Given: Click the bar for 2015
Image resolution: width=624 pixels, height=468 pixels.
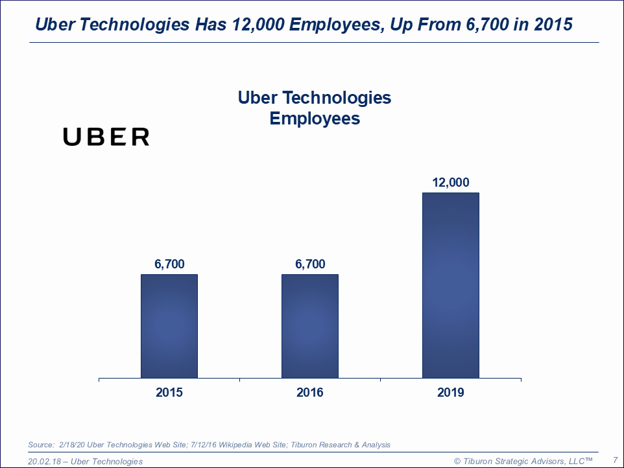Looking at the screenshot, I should (169, 326).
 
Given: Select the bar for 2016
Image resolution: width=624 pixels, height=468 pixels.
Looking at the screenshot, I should (309, 326).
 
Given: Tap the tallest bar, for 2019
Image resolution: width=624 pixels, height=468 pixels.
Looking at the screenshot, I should (450, 285).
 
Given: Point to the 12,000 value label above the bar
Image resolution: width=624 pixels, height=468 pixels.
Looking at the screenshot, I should (450, 183).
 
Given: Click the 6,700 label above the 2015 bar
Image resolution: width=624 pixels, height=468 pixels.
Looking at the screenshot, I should (169, 264).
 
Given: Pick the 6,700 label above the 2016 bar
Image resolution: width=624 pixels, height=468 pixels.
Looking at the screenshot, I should (309, 264).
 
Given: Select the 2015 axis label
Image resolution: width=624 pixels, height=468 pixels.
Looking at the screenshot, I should (169, 393).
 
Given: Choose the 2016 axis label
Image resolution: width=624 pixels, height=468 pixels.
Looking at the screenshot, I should (309, 393).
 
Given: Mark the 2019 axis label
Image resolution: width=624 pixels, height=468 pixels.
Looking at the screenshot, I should (450, 393).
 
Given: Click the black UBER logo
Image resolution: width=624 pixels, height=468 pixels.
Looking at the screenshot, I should (106, 137).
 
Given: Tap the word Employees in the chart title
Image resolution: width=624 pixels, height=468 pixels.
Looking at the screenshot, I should (315, 119).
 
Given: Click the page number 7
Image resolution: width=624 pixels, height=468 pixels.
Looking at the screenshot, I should (615, 460).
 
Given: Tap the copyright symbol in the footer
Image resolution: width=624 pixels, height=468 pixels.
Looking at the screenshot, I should (457, 461).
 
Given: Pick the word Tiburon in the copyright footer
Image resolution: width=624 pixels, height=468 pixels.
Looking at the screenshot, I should (479, 461).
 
